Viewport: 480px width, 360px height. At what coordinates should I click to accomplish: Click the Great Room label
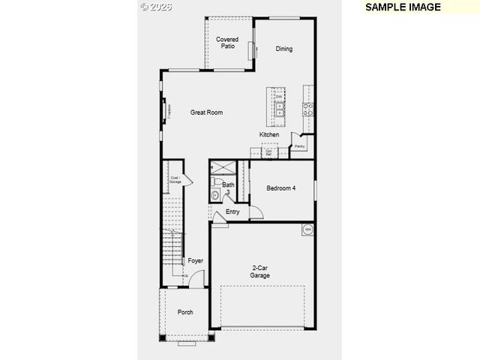pyautogui.click(x=206, y=112)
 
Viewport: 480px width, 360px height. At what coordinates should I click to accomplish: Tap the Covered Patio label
pyautogui.click(x=227, y=43)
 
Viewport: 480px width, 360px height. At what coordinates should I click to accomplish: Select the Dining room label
pyautogui.click(x=283, y=49)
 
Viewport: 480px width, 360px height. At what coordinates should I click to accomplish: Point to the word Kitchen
pyautogui.click(x=269, y=135)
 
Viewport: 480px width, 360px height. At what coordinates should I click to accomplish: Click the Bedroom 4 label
pyautogui.click(x=280, y=188)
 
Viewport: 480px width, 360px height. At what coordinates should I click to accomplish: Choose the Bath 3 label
pyautogui.click(x=228, y=187)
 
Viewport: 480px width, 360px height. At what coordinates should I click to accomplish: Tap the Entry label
pyautogui.click(x=232, y=211)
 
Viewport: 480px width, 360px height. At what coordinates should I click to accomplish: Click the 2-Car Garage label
pyautogui.click(x=260, y=271)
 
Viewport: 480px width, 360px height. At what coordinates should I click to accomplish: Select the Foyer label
pyautogui.click(x=195, y=261)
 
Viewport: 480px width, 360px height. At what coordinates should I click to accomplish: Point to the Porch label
pyautogui.click(x=185, y=312)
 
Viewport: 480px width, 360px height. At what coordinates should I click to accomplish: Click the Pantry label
pyautogui.click(x=299, y=146)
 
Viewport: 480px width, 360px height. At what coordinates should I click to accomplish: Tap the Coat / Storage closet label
pyautogui.click(x=175, y=180)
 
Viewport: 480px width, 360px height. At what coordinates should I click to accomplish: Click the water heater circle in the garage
pyautogui.click(x=307, y=229)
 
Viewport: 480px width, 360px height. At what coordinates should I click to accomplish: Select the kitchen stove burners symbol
pyautogui.click(x=307, y=111)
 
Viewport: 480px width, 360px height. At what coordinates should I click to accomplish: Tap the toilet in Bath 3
pyautogui.click(x=215, y=195)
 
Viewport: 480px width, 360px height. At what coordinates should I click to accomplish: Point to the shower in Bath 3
pyautogui.click(x=222, y=168)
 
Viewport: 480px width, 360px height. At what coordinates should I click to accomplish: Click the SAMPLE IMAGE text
pyautogui.click(x=403, y=7)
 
